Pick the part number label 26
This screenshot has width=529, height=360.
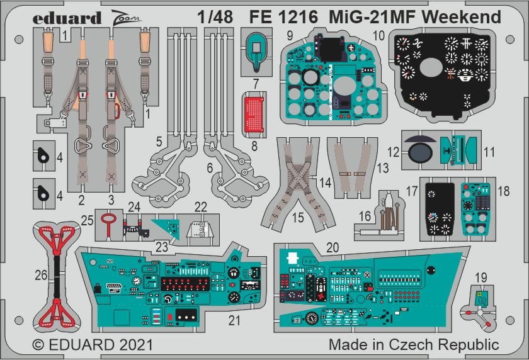(40, 274)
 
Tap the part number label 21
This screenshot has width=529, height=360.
(234, 320)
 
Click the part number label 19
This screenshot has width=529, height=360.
(481, 277)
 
